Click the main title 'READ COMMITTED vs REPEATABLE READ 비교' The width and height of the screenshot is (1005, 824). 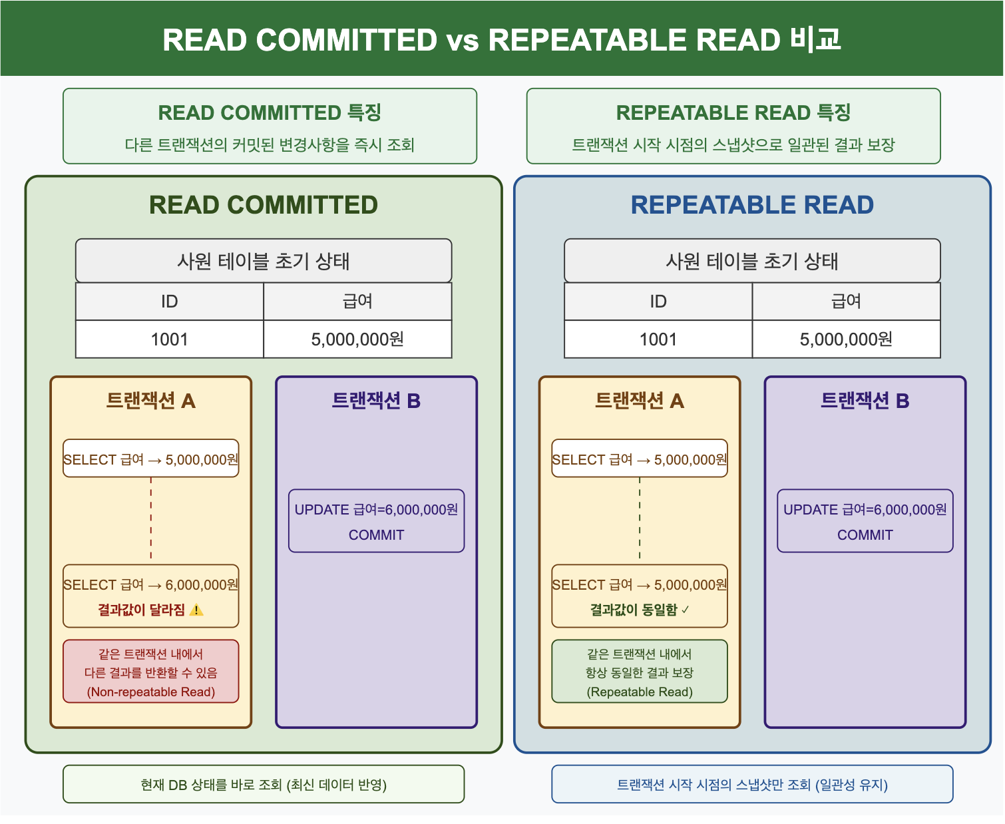pyautogui.click(x=502, y=40)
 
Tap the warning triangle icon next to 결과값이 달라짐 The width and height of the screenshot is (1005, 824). pyautogui.click(x=196, y=610)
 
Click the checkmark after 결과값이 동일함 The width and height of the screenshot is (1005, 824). pyautogui.click(x=686, y=610)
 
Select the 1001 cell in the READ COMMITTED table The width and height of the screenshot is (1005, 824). pyautogui.click(x=170, y=339)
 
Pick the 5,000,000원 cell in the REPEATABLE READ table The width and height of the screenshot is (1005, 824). pyautogui.click(x=846, y=339)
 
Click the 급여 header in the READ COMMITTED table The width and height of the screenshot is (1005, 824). pyautogui.click(x=357, y=302)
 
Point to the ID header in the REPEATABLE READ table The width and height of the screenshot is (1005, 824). pyautogui.click(x=658, y=302)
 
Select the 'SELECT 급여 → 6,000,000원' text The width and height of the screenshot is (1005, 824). pyautogui.click(x=151, y=585)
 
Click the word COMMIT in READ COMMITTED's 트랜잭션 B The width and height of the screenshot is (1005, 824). pyautogui.click(x=376, y=535)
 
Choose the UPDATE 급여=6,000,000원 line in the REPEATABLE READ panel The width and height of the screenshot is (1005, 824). pyautogui.click(x=865, y=510)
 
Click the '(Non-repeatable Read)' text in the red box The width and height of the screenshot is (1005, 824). pyautogui.click(x=151, y=692)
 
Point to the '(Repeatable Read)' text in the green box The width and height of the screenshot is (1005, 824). pyautogui.click(x=640, y=692)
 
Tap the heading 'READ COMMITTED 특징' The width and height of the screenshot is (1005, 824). pyautogui.click(x=270, y=112)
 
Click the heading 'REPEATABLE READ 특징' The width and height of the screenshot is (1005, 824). pyautogui.click(x=733, y=112)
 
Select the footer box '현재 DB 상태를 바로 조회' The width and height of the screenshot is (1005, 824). pyautogui.click(x=264, y=785)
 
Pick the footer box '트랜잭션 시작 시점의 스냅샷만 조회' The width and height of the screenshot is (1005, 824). pyautogui.click(x=752, y=785)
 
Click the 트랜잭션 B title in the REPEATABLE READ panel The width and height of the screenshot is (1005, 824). pyautogui.click(x=865, y=401)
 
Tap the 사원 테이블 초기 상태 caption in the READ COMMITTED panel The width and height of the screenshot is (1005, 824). pyautogui.click(x=264, y=261)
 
